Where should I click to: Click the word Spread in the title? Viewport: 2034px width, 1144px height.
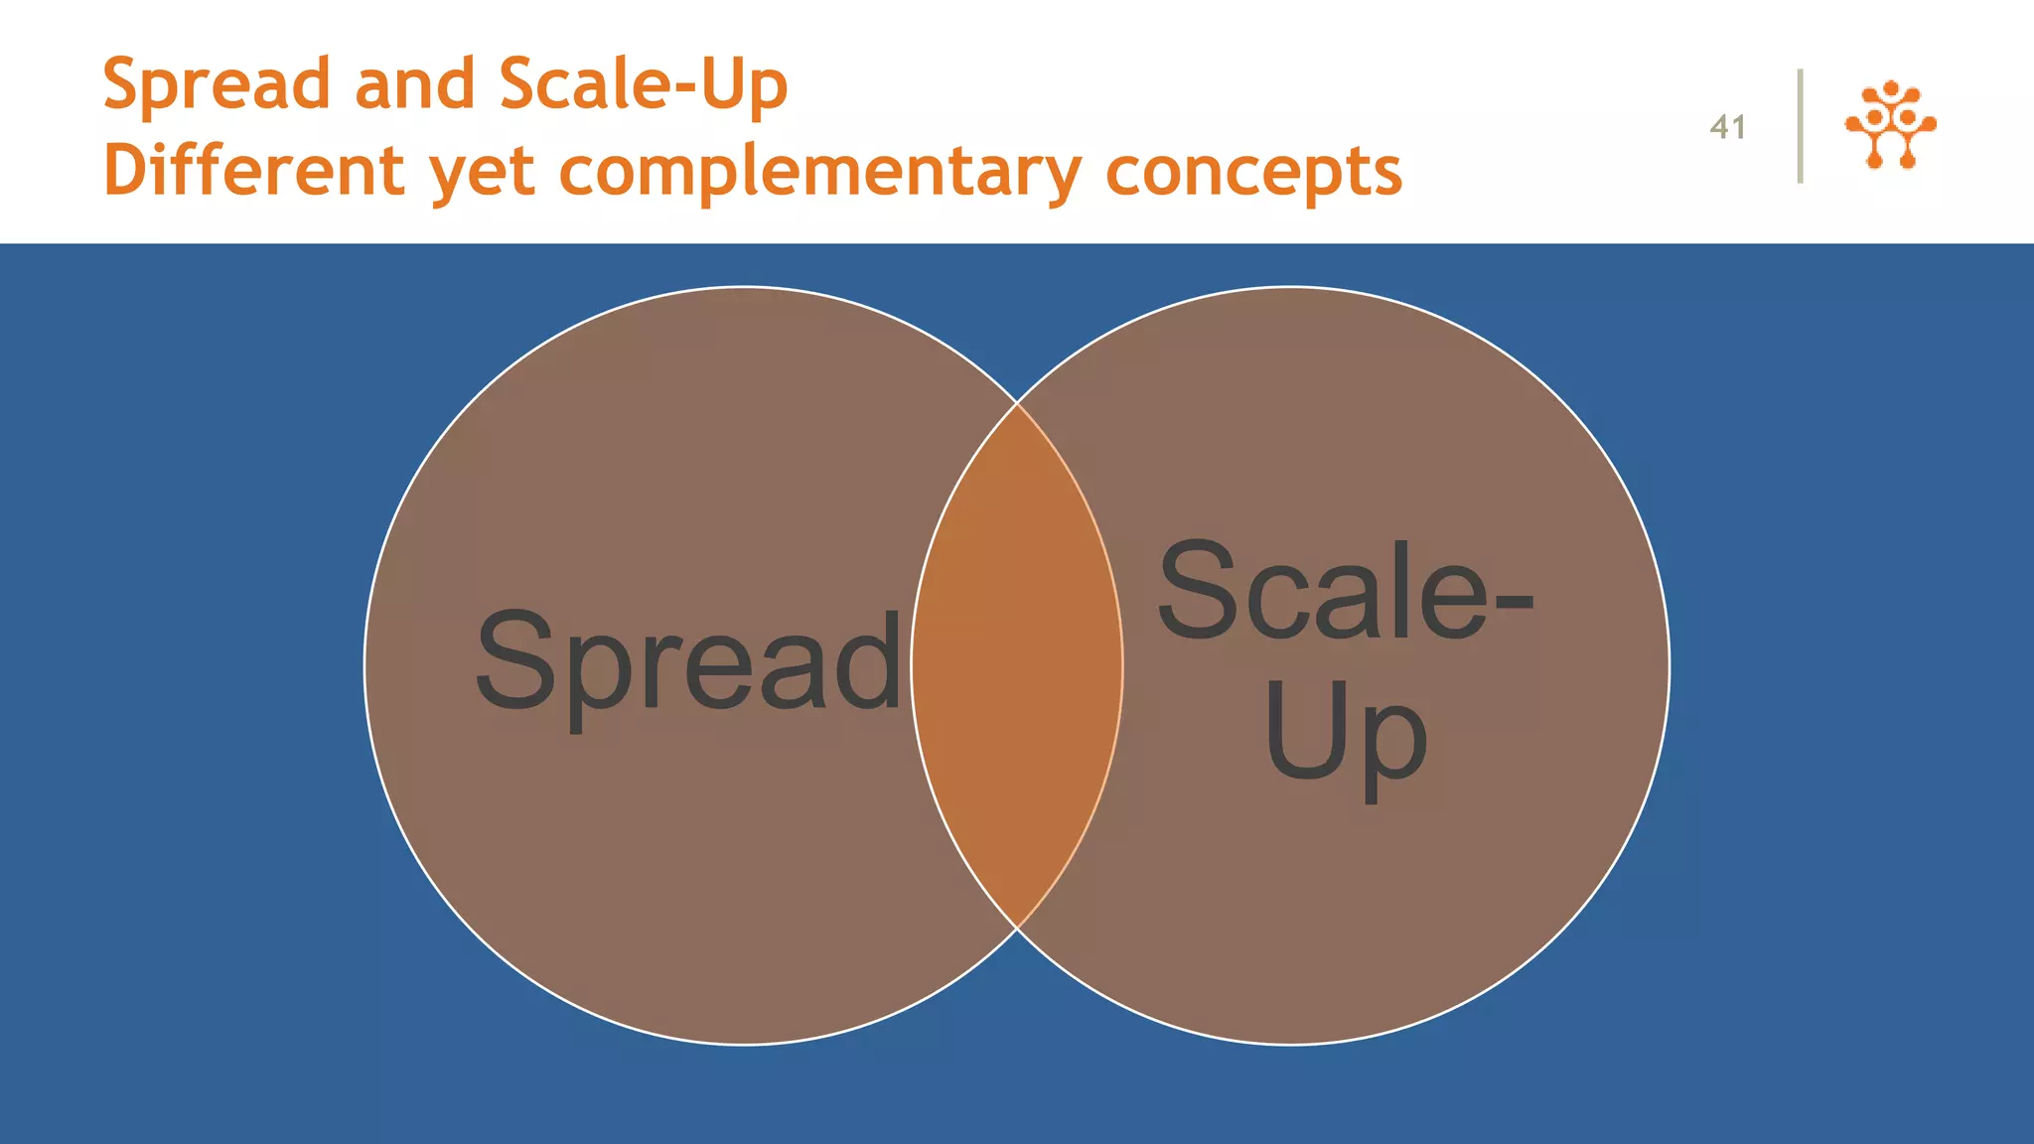click(x=216, y=85)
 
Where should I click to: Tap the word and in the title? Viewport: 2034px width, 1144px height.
click(x=414, y=85)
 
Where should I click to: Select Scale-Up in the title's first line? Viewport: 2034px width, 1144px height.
click(x=643, y=85)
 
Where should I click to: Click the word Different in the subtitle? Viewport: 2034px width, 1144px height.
click(x=253, y=171)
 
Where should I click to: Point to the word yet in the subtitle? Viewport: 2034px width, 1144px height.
click(x=483, y=173)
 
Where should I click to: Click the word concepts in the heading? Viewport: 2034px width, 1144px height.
click(x=1253, y=173)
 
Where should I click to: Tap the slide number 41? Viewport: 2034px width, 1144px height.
click(x=1727, y=127)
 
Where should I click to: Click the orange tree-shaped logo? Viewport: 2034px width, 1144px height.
click(x=1890, y=124)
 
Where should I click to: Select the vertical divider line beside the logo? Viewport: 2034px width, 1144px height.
click(x=1800, y=126)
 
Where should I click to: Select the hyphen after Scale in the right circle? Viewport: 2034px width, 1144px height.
click(x=1514, y=600)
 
